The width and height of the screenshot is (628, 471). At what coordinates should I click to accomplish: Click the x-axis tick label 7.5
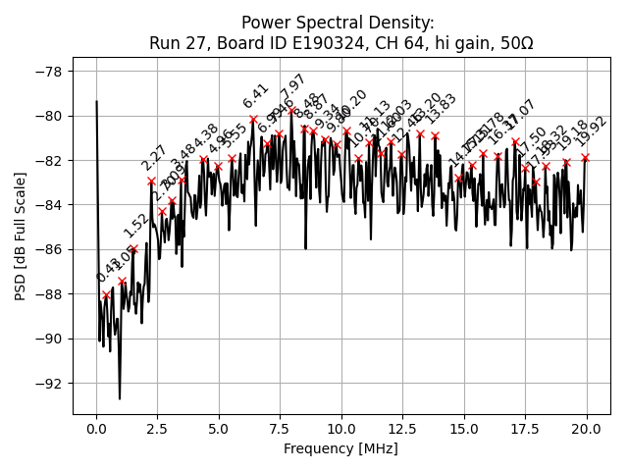coord(280,430)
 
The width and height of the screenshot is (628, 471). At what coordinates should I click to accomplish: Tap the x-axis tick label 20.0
coord(587,430)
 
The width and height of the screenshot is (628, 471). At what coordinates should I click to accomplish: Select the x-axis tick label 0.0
coord(96,430)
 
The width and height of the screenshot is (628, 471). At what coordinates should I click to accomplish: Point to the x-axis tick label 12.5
coord(402,430)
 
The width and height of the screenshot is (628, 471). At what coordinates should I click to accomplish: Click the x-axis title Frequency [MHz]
coord(341,448)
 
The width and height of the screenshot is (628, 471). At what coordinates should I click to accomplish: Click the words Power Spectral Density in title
coord(338,23)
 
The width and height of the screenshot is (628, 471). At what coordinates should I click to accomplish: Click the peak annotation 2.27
coord(155,158)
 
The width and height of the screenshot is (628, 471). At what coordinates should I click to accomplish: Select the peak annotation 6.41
coord(256,96)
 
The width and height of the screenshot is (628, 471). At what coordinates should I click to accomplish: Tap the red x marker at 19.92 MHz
coord(585,157)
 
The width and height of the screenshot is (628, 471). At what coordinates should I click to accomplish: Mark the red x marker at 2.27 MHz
coord(152,181)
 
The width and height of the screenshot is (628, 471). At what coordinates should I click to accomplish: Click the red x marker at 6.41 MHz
coord(253,119)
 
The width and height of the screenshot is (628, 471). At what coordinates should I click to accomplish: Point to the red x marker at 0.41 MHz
coord(106,294)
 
